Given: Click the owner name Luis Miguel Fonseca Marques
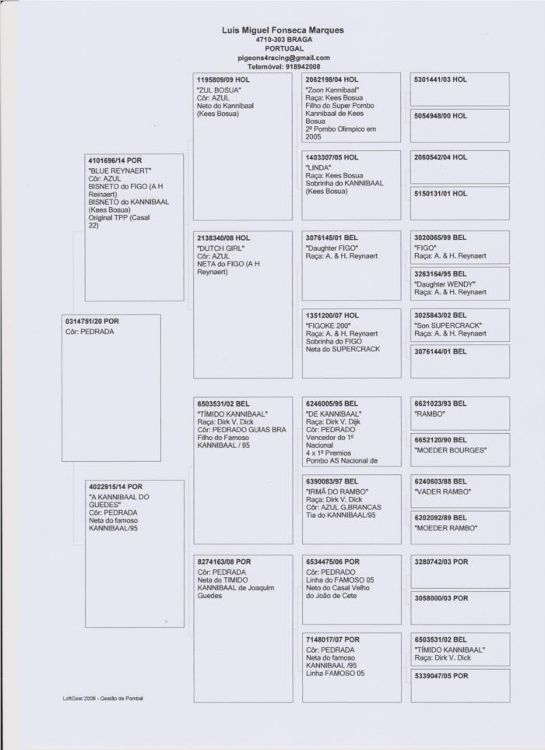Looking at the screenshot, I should tap(283, 30).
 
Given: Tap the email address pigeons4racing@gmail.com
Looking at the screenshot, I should tap(283, 58).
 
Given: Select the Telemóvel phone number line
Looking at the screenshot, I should tap(283, 67).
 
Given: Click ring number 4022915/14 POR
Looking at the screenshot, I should tap(115, 487).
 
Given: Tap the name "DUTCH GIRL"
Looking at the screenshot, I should tap(221, 248).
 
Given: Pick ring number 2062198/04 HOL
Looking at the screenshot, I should tap(332, 79).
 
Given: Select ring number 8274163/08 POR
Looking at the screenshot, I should tap(224, 561).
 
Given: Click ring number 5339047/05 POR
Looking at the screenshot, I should tap(441, 675).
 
